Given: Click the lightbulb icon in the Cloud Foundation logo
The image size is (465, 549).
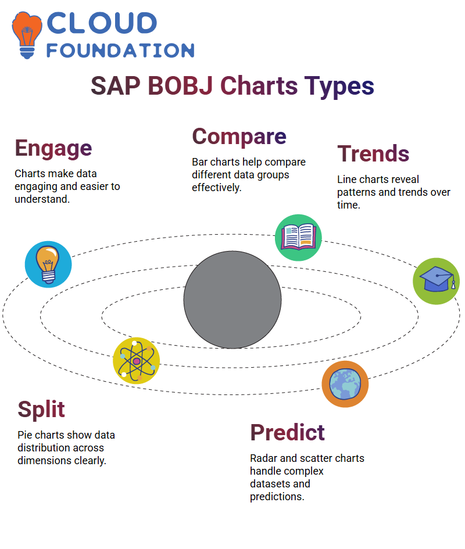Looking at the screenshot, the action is [27, 35].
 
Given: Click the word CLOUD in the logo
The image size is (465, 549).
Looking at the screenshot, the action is [102, 23].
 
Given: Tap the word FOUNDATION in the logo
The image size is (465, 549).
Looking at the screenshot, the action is [120, 51].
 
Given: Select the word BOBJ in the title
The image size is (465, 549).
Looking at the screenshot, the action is [180, 86].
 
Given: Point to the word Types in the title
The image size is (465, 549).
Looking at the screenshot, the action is [339, 87].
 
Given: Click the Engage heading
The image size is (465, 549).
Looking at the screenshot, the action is [53, 149].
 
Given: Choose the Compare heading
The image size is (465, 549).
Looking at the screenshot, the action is [239, 137].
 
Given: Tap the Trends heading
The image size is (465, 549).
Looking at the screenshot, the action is [373, 154].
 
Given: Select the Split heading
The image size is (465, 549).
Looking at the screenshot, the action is [41, 410].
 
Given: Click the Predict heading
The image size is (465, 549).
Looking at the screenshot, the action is [287, 432].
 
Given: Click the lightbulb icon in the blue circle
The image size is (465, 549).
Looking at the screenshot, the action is [48, 264].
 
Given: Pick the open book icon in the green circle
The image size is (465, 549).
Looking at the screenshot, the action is [298, 238].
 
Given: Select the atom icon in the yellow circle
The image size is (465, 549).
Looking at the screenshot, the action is [137, 361].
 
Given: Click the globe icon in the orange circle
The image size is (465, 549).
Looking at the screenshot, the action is [345, 384].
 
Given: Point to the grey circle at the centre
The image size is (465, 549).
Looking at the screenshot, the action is [233, 300].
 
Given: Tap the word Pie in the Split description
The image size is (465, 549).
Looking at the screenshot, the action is [25, 435].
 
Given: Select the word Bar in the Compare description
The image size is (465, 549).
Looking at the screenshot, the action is [200, 162].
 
